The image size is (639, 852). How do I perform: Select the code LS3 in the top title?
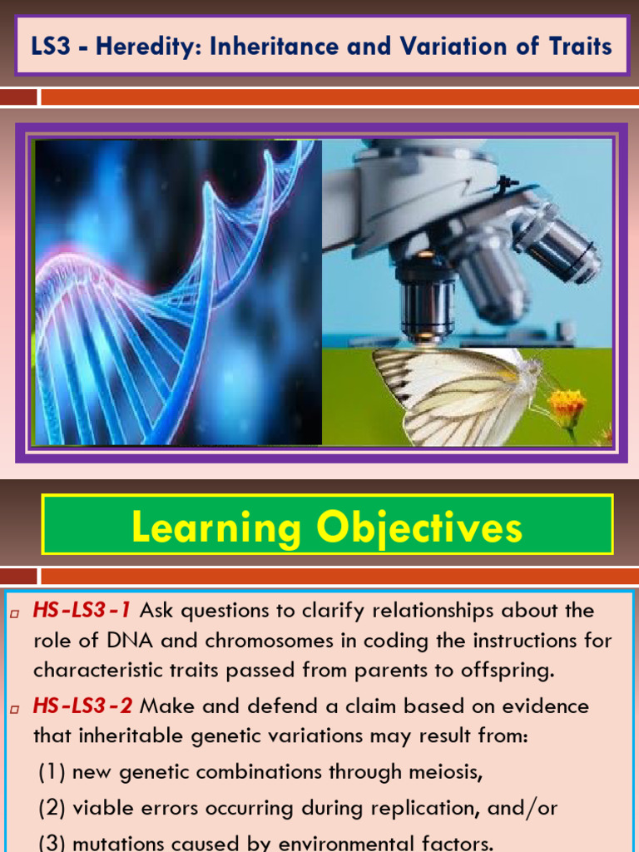pyautogui.click(x=50, y=46)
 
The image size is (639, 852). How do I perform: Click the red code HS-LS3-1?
pyautogui.click(x=82, y=611)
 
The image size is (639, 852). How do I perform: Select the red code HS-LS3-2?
pyautogui.click(x=82, y=706)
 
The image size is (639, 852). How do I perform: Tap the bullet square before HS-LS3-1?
pyautogui.click(x=15, y=613)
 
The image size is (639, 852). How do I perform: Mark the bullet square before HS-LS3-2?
pyautogui.click(x=15, y=709)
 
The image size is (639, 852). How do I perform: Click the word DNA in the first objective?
pyautogui.click(x=104, y=641)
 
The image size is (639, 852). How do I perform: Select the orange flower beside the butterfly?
pyautogui.click(x=567, y=406)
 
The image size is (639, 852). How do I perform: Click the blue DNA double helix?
pyautogui.click(x=166, y=291)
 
